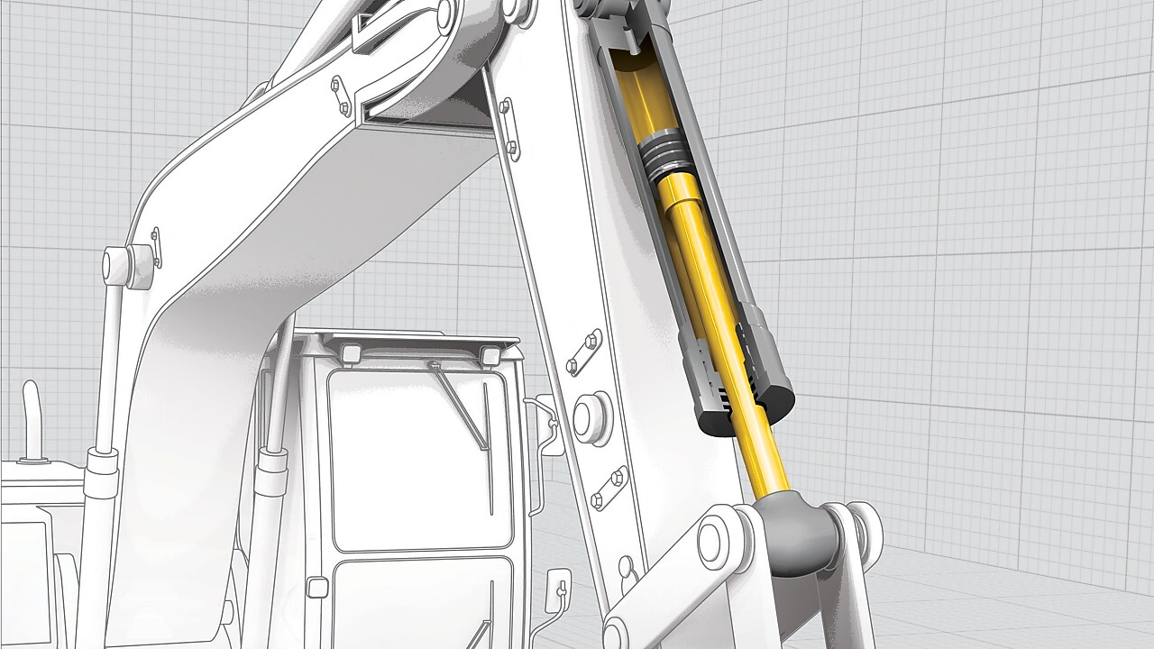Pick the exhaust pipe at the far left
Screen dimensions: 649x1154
click(31, 424)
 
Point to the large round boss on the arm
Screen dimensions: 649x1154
click(591, 414)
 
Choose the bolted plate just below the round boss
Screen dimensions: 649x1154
click(609, 487)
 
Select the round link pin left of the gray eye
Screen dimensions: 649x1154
click(717, 539)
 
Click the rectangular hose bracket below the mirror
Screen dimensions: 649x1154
click(559, 591)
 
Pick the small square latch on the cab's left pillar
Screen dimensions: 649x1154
click(317, 587)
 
